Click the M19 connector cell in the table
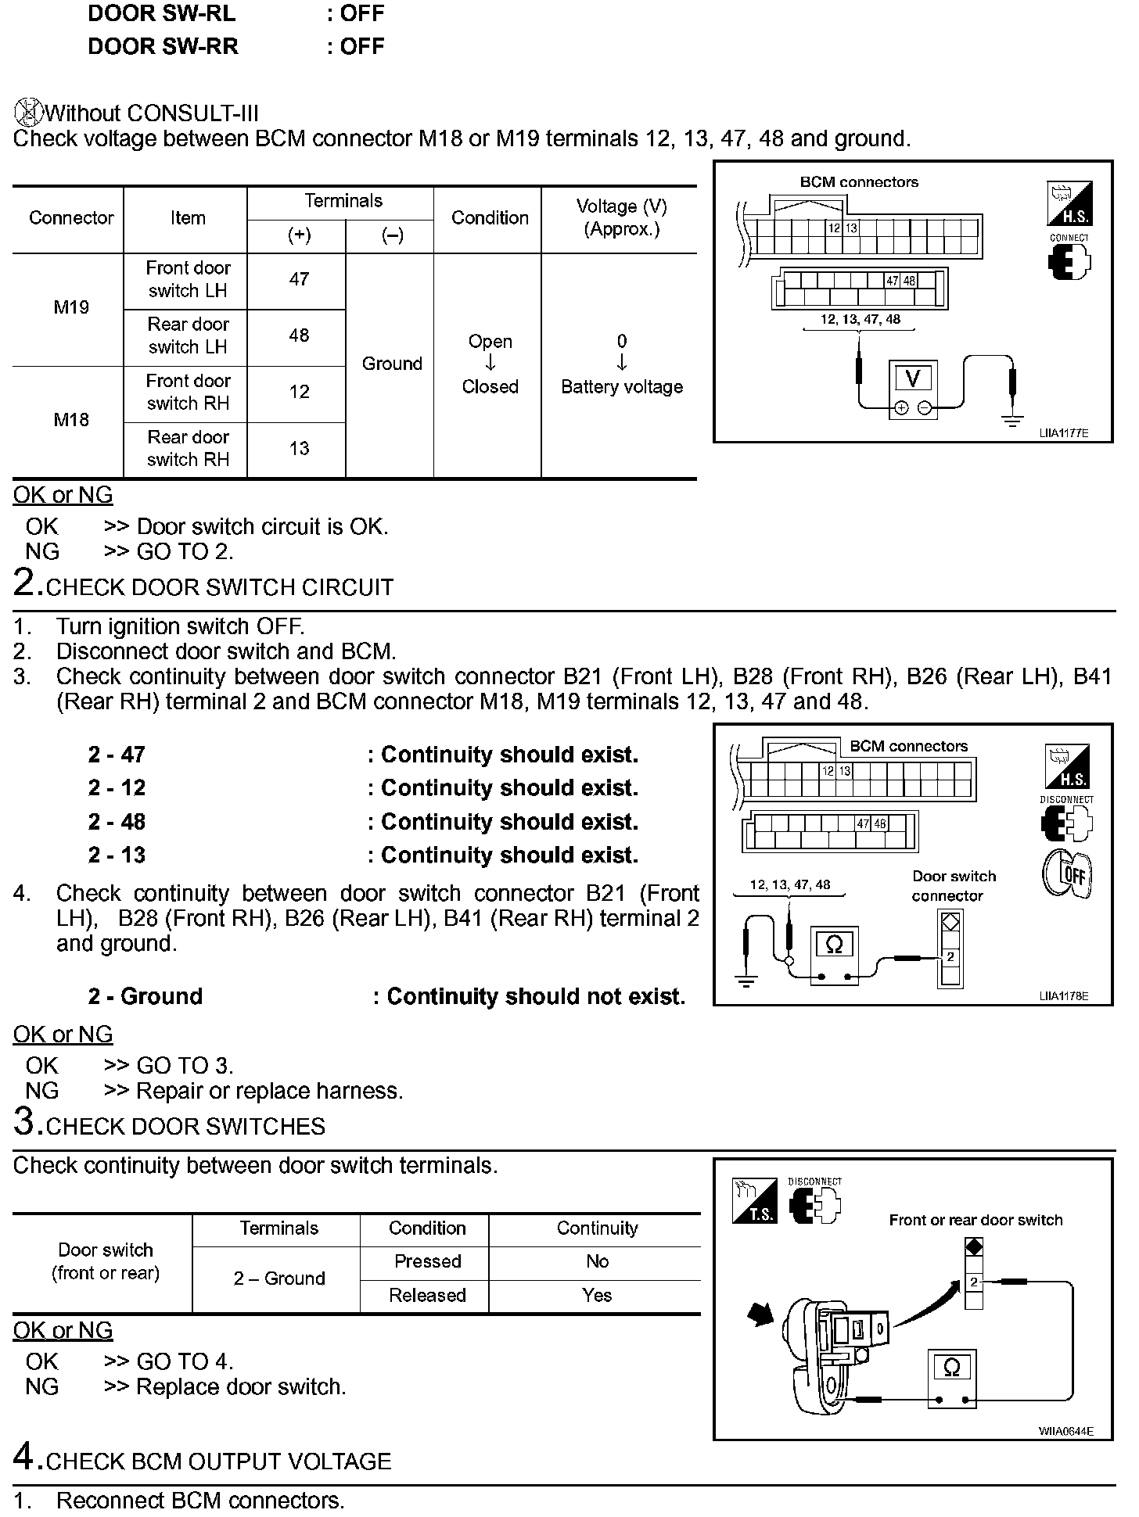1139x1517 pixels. [71, 307]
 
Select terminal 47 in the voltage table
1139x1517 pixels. [299, 279]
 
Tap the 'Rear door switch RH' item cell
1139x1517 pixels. [188, 448]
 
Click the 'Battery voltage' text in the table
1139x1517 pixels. [622, 387]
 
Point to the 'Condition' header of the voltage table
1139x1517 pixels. [490, 218]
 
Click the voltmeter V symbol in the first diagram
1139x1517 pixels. [912, 378]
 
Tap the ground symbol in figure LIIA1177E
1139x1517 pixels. [1012, 421]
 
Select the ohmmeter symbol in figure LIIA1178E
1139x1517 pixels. [834, 946]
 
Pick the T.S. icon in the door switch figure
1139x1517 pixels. [754, 1201]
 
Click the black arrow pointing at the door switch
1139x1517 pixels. [760, 1314]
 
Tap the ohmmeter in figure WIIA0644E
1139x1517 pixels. [951, 1368]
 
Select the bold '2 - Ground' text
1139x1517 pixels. [146, 996]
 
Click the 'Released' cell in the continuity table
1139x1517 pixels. [427, 1295]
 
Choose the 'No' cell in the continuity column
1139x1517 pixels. [597, 1261]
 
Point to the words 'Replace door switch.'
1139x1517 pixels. [241, 1386]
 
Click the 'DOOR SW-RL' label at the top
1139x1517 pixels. [162, 14]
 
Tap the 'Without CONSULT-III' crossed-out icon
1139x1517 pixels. [27, 113]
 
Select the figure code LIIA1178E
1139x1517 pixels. [1063, 996]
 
